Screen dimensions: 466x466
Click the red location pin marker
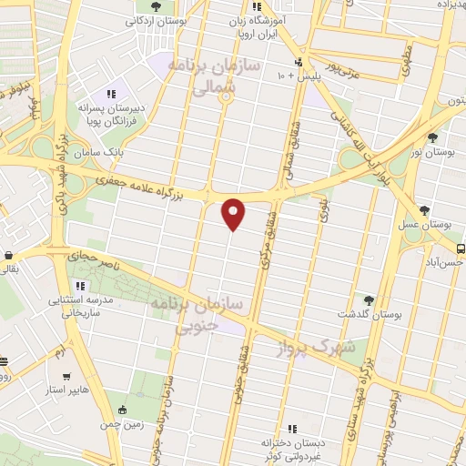click(234, 212)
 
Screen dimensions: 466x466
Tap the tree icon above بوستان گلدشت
click(369, 299)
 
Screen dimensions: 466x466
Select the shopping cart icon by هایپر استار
click(66, 376)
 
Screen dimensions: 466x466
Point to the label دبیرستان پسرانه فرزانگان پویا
click(115, 114)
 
